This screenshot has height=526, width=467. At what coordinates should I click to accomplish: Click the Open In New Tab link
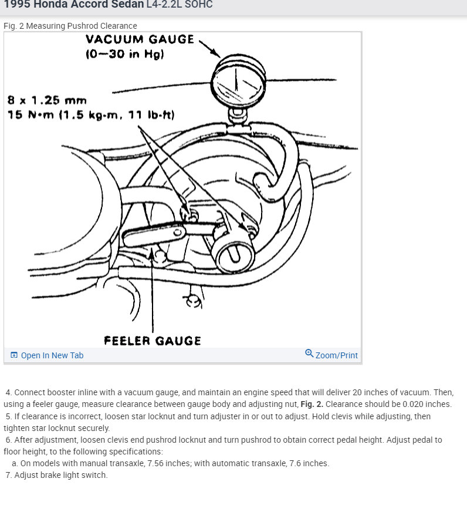point(52,355)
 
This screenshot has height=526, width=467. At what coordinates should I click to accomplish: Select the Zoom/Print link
point(336,355)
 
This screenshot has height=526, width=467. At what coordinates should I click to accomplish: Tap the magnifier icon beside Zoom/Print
point(309,353)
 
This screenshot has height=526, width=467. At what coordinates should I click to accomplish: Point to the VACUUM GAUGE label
point(140,40)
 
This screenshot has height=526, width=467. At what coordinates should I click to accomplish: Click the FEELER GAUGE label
point(153,341)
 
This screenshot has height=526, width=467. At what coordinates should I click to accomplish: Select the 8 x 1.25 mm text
point(47,100)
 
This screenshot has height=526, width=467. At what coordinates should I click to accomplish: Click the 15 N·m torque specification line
point(91,114)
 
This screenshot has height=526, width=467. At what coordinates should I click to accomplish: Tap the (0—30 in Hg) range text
point(124,55)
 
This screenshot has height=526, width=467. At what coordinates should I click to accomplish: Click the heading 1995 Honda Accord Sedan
point(73,5)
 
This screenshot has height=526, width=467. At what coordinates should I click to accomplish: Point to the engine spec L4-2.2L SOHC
point(180,5)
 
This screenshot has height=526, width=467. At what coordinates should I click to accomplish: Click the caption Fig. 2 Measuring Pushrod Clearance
point(70,26)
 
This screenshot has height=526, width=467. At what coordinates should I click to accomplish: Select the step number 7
point(8,475)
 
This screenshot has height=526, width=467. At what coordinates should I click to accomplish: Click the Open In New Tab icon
point(14,355)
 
